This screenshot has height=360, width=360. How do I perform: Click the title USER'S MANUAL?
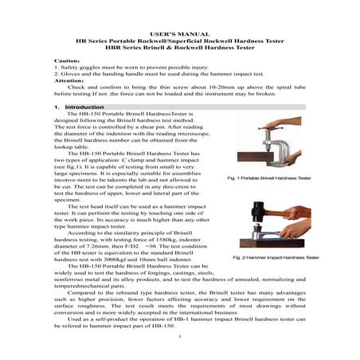(179, 35)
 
